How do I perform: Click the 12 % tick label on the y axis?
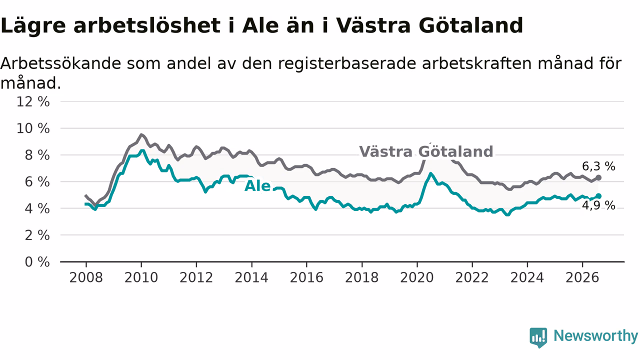33,101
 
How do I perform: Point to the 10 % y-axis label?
33,128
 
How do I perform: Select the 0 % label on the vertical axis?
37,262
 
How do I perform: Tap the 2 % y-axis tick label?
37,235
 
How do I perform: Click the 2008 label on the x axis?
86,277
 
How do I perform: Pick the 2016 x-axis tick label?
306,277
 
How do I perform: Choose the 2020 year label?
417,277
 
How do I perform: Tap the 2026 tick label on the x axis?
582,277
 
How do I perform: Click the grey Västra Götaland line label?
426,151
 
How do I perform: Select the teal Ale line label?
257,186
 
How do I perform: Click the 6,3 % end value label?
598,166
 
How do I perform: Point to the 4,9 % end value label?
598,205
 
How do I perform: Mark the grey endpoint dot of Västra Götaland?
598,177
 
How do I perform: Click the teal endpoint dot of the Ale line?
598,196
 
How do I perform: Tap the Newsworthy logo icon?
538,337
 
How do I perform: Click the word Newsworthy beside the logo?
596,335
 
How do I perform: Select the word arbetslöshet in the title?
147,25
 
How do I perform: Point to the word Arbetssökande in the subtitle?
60,63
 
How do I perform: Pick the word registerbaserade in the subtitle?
347,63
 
